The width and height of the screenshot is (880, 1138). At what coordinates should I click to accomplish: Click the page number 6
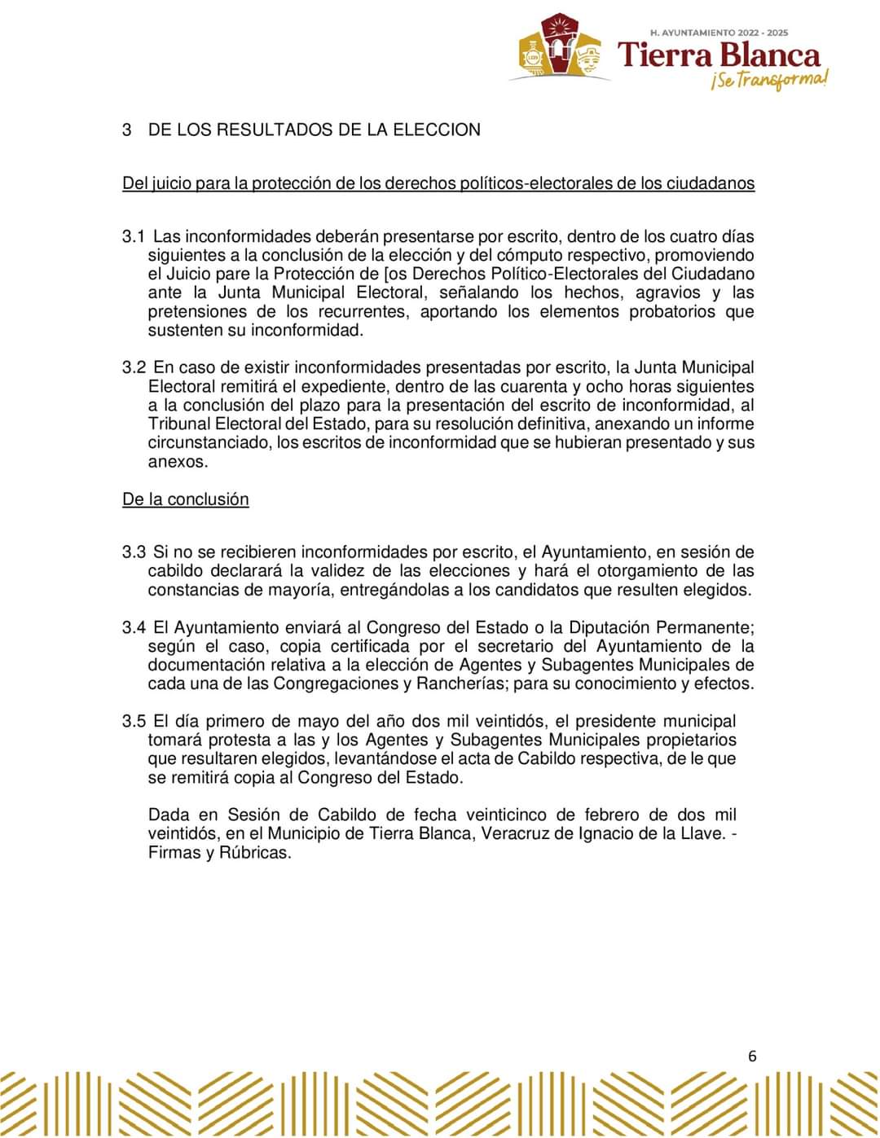pyautogui.click(x=751, y=1057)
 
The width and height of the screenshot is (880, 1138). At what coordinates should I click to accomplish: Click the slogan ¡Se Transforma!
pyautogui.click(x=769, y=80)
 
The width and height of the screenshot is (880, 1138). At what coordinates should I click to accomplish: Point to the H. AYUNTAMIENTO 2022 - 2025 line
pyautogui.click(x=719, y=33)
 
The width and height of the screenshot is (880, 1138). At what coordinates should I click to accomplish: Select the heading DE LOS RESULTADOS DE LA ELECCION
pyautogui.click(x=314, y=130)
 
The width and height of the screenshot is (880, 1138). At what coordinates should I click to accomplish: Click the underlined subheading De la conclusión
pyautogui.click(x=186, y=499)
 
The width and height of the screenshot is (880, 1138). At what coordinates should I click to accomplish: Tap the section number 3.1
pyautogui.click(x=133, y=237)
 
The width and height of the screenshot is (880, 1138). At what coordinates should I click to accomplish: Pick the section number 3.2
pyautogui.click(x=133, y=368)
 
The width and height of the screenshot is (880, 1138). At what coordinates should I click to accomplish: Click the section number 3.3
pyautogui.click(x=133, y=552)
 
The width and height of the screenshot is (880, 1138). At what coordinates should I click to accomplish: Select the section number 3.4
pyautogui.click(x=133, y=627)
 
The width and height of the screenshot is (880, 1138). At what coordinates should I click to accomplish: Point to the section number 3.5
pyautogui.click(x=133, y=721)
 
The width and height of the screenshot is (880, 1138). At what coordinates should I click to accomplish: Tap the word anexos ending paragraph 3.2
pyautogui.click(x=176, y=462)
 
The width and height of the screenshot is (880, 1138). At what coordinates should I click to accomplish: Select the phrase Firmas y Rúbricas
pyautogui.click(x=219, y=853)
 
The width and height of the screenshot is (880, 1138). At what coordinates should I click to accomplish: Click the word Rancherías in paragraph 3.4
pyautogui.click(x=462, y=683)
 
